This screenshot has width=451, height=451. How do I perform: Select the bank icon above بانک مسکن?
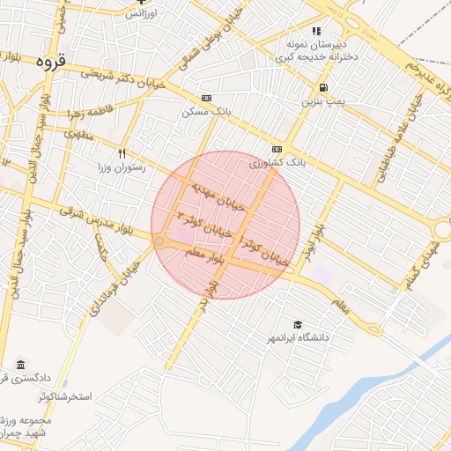click(206, 98)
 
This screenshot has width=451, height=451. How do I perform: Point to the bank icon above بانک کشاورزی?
click(277, 149)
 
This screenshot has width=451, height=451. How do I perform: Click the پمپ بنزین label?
click(321, 102)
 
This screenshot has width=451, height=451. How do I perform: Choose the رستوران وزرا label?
click(124, 166)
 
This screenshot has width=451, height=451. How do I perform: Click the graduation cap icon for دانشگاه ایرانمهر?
click(297, 324)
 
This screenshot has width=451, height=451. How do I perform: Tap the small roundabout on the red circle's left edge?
click(159, 240)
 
